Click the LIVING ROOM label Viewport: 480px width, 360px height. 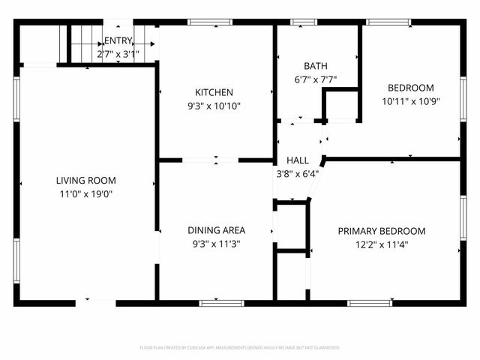pos(85,181)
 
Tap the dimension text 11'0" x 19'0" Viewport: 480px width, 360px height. pos(85,194)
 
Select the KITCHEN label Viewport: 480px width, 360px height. pos(214,92)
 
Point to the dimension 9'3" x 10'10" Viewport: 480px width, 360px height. pos(214,106)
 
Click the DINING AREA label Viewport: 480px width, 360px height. pos(216,230)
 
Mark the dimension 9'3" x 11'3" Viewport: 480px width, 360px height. pos(216,244)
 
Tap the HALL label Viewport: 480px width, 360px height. pos(298,160)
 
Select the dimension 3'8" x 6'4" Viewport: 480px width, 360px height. pos(298,174)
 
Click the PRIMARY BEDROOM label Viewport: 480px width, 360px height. pos(381,231)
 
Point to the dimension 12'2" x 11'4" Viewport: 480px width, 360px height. pos(381,244)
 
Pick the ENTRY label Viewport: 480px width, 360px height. pos(118,40)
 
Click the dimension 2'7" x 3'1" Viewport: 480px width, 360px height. pos(118,55)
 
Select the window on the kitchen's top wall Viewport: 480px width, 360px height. pos(210,22)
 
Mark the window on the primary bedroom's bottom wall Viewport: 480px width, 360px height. pos(370,303)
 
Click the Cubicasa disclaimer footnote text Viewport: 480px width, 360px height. pos(240,348)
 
